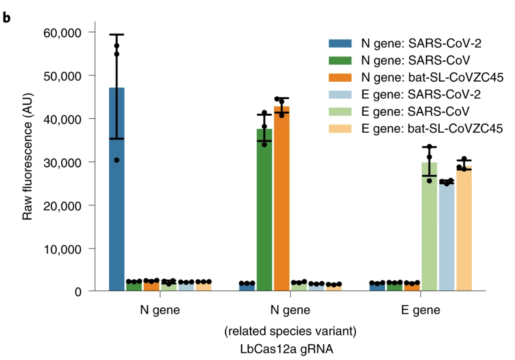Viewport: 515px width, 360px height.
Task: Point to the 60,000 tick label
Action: (x=62, y=32)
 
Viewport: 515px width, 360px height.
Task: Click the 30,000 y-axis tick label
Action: (x=62, y=162)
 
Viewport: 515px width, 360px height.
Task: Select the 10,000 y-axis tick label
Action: (x=62, y=249)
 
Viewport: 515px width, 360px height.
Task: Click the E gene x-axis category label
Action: (x=421, y=310)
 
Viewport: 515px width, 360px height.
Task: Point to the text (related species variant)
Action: (x=290, y=331)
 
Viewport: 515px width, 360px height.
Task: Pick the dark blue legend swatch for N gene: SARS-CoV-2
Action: (x=340, y=43)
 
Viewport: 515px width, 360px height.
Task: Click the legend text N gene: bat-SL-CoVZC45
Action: (x=432, y=77)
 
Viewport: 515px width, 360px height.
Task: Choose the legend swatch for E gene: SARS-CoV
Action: (x=340, y=111)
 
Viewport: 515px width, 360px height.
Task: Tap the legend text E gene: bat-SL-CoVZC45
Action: (x=432, y=128)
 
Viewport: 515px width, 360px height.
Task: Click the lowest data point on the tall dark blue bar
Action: (x=117, y=160)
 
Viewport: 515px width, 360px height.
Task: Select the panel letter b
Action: (x=7, y=18)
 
